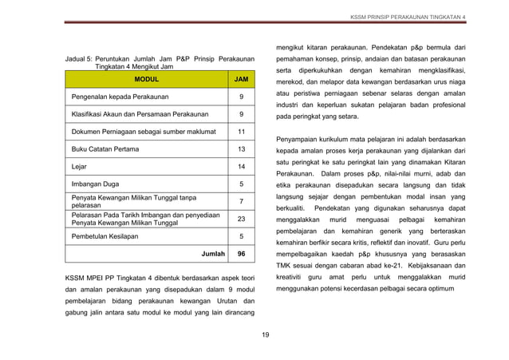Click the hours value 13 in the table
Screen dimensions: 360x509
242,148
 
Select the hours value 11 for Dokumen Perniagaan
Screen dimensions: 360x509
242,131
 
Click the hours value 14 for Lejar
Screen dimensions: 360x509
242,166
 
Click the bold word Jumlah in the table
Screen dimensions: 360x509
213,254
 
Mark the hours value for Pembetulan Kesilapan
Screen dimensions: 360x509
242,236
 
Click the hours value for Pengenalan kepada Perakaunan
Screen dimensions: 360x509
242,97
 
